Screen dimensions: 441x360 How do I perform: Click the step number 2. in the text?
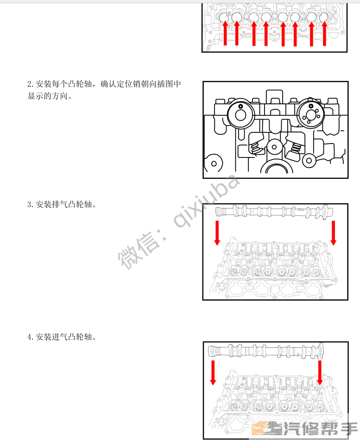pyautogui.click(x=31, y=84)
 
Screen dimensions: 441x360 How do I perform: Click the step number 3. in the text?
pyautogui.click(x=31, y=205)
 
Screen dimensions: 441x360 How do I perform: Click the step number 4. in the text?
pyautogui.click(x=31, y=337)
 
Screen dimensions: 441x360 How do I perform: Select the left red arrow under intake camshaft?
pyautogui.click(x=213, y=372)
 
